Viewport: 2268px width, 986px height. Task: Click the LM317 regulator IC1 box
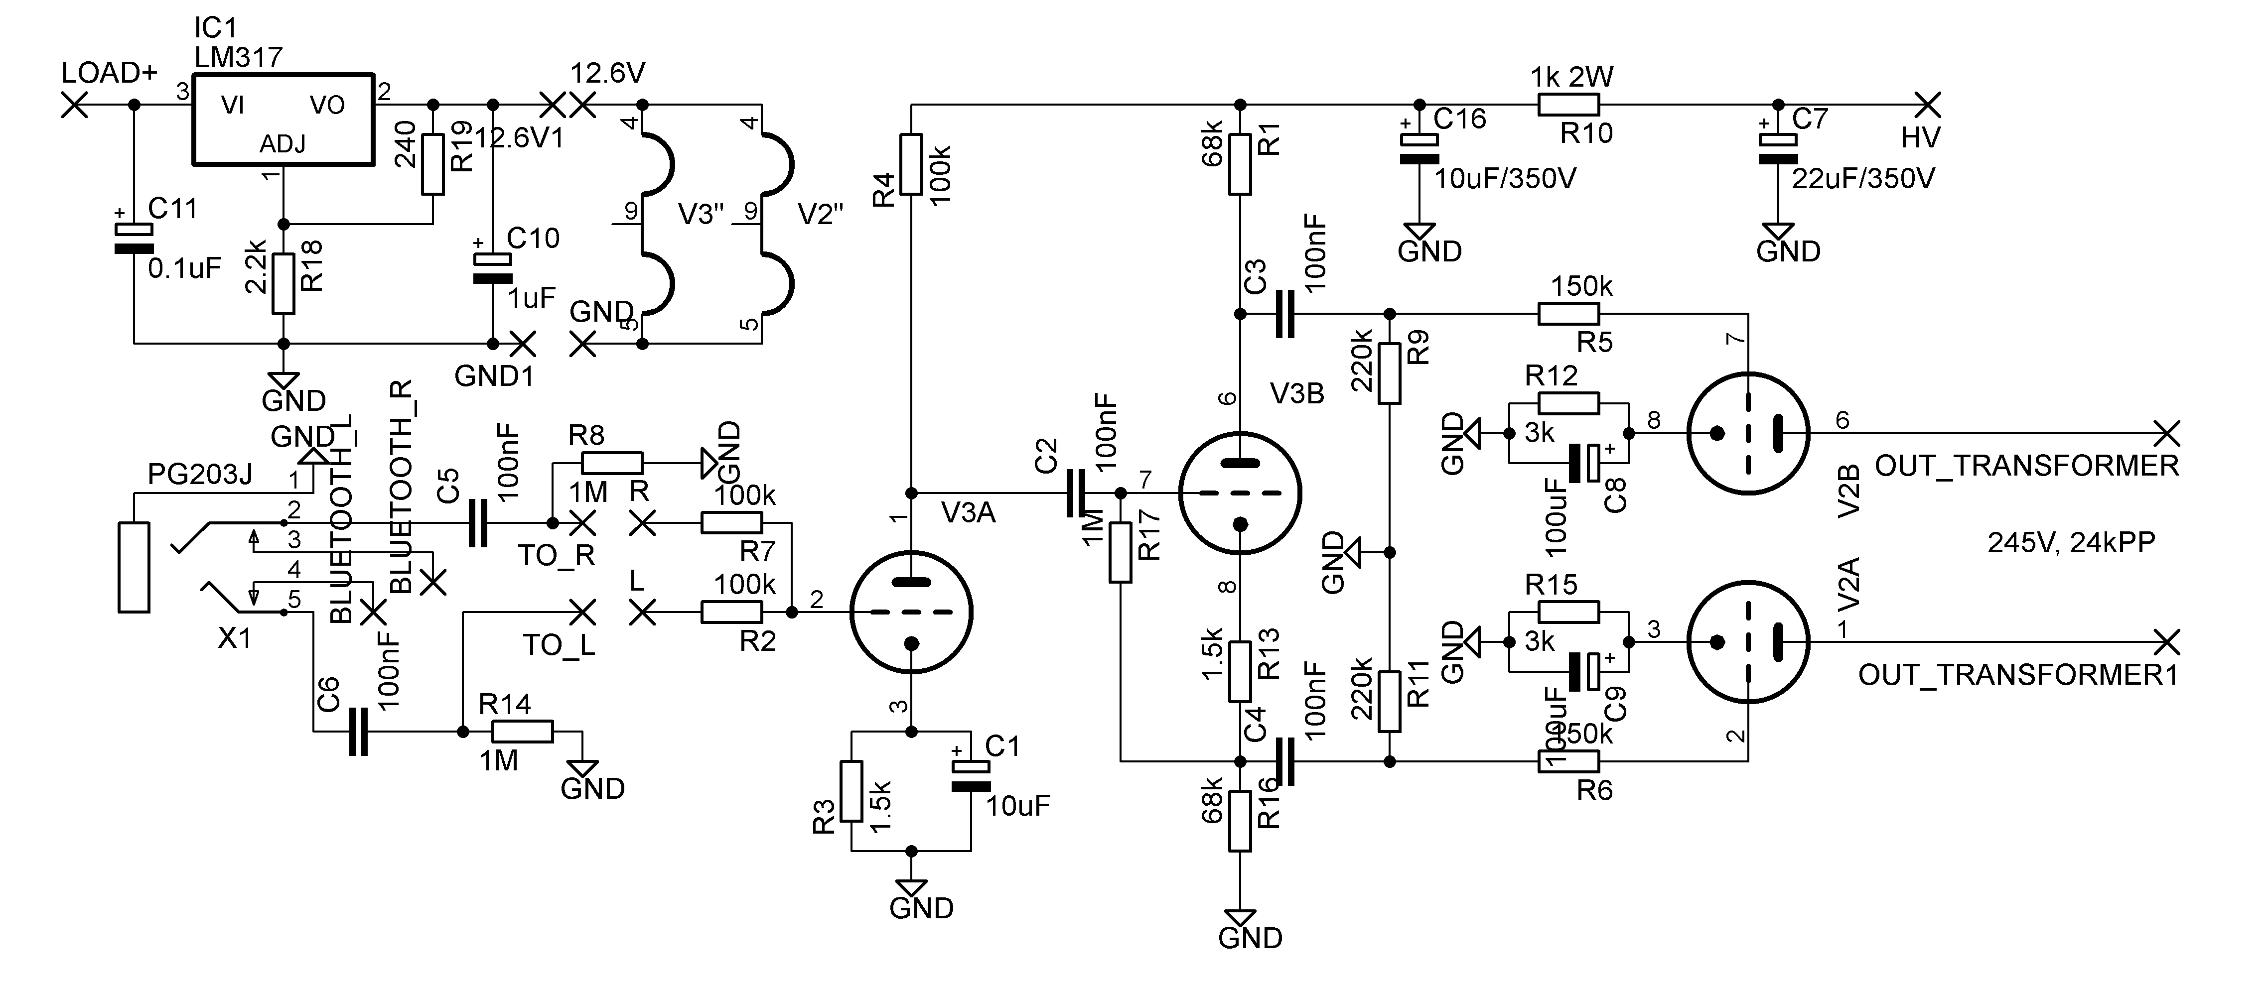[283, 119]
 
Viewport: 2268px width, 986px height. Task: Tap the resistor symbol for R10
[1568, 106]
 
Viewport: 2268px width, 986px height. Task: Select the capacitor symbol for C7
[1778, 150]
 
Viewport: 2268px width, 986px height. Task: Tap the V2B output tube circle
[1748, 433]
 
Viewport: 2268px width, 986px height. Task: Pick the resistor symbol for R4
[911, 165]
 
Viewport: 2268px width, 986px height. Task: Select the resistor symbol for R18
[283, 283]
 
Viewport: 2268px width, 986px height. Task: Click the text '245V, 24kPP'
[2071, 542]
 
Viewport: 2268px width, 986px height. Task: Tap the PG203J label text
[200, 476]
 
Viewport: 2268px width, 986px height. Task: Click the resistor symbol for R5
[1568, 313]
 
